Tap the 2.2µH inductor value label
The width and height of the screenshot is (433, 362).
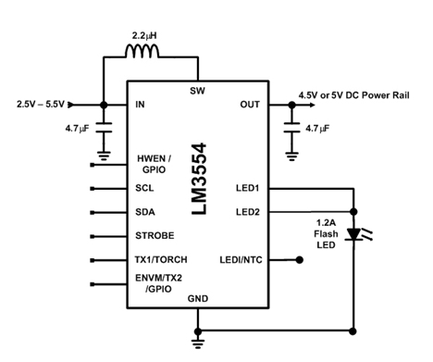144,36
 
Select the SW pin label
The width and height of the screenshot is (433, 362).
197,91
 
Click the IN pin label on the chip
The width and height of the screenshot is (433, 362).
140,105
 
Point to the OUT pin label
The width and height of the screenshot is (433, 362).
250,105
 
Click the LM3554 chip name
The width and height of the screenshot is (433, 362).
199,179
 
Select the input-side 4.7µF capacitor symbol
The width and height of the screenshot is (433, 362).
104,128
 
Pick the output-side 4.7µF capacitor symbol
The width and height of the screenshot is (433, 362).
291,128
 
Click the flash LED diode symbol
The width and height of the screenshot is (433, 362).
353,234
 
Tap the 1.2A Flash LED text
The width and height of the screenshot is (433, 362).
326,234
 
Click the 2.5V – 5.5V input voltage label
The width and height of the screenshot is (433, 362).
41,105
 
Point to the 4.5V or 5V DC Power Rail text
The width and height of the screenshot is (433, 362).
353,95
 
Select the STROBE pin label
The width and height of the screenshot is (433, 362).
155,236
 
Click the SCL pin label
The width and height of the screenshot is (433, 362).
144,188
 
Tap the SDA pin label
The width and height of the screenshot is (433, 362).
145,212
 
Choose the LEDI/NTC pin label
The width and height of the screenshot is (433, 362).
241,260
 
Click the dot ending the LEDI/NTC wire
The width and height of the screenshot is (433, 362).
299,260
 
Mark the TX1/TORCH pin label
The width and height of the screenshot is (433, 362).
161,259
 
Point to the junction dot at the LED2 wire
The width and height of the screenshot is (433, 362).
353,212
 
